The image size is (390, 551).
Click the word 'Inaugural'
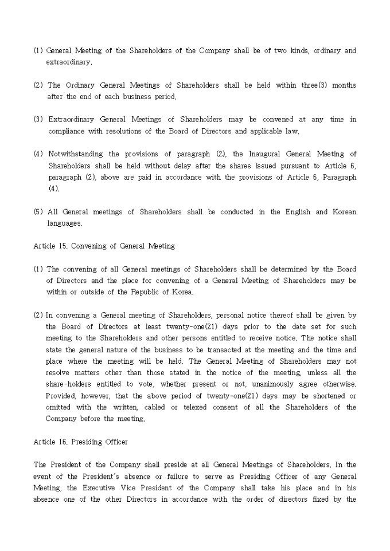[x=267, y=154]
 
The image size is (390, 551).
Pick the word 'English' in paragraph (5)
[x=298, y=212]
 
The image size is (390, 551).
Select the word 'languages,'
[x=65, y=223]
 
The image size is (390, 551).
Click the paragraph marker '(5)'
[x=38, y=212]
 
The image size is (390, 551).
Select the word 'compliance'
[x=65, y=131]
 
